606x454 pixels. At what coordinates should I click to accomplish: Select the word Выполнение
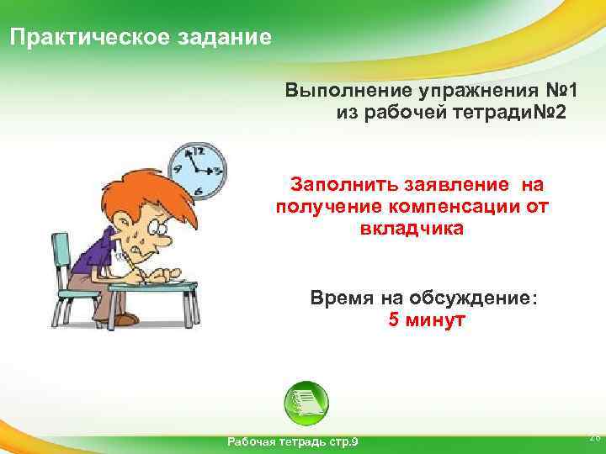click(x=343, y=90)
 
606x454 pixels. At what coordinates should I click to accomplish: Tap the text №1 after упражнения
click(x=558, y=90)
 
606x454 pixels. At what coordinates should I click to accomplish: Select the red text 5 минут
click(x=427, y=320)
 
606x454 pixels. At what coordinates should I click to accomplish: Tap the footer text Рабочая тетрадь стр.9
click(x=292, y=441)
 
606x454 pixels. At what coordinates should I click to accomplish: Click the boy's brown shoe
click(x=125, y=319)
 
